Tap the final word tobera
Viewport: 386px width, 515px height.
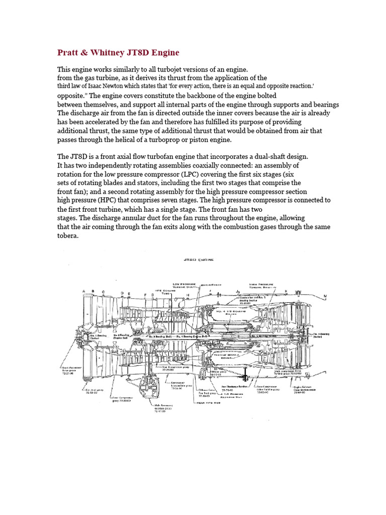[68, 236]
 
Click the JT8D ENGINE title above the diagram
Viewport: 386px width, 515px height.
[197, 260]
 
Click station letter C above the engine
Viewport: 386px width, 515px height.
[103, 292]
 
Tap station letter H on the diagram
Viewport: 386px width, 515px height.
[188, 294]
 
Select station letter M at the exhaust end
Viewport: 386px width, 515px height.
[325, 296]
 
